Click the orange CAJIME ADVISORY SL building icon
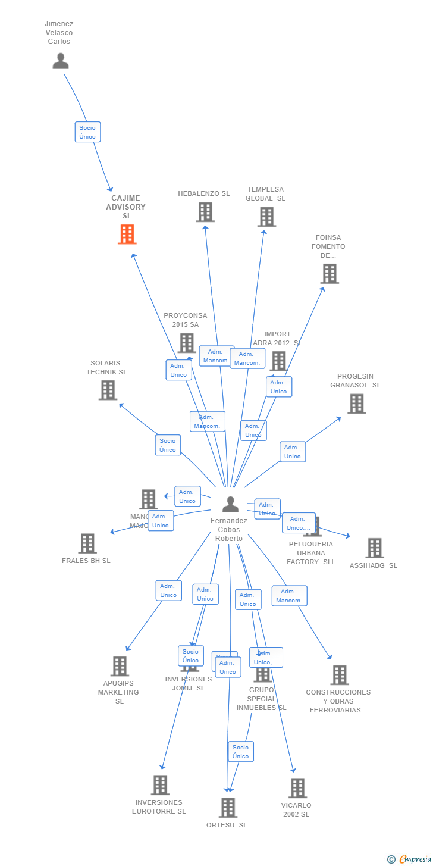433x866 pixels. (x=127, y=235)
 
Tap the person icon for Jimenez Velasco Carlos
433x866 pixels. (x=60, y=61)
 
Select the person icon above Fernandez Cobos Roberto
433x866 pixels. (x=230, y=504)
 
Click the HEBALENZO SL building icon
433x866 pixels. (x=205, y=212)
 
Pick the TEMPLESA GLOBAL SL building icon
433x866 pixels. (x=266, y=217)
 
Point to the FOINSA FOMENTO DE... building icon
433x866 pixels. (x=329, y=274)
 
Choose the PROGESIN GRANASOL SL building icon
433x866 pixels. (x=356, y=404)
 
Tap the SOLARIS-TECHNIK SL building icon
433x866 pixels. (x=108, y=390)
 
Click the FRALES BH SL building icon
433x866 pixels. (x=87, y=543)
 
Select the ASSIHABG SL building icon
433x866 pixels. (x=374, y=548)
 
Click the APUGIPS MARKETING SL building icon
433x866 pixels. (x=120, y=666)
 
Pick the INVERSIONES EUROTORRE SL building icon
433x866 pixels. (x=160, y=785)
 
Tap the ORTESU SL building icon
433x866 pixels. (x=228, y=808)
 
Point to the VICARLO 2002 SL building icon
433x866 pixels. (x=297, y=788)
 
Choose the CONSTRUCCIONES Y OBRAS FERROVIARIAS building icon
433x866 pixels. (x=340, y=675)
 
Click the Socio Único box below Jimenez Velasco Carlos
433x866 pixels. (x=87, y=132)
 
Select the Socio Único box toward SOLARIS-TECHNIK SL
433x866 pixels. (x=168, y=445)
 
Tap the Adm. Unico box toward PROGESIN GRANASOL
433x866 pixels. (x=292, y=452)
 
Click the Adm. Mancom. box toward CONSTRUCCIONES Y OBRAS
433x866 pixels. (x=289, y=596)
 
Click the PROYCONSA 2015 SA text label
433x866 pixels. (x=186, y=320)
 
